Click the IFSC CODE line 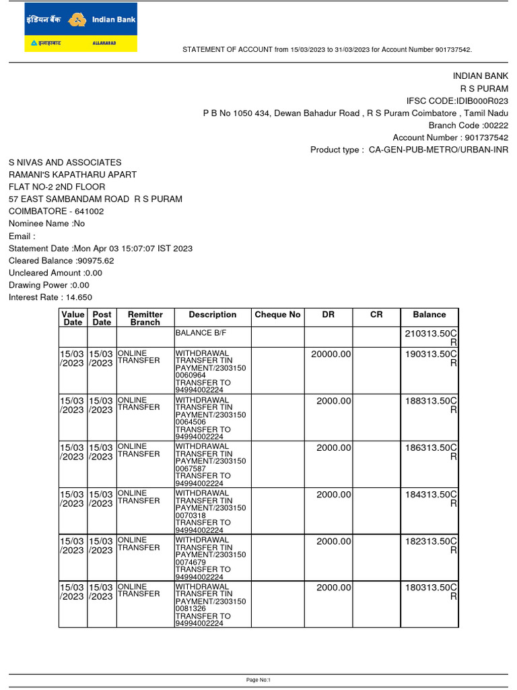[457, 100]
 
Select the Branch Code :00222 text [469, 125]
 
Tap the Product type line [409, 150]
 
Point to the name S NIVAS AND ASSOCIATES [65, 162]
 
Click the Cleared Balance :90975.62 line [61, 261]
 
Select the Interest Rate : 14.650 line [50, 297]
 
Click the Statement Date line [100, 249]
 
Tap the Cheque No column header [277, 315]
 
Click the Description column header [212, 315]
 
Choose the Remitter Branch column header [145, 318]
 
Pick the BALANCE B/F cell [212, 333]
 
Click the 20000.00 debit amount [331, 354]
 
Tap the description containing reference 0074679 [212, 559]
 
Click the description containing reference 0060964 [212, 371]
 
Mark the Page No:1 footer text [258, 680]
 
